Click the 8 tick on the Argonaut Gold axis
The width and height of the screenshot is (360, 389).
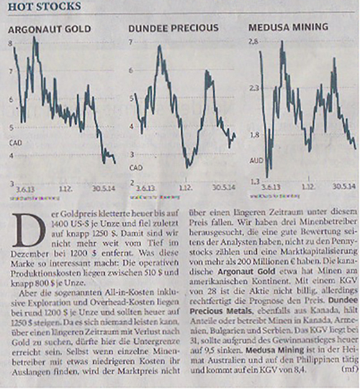(x=11, y=44)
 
